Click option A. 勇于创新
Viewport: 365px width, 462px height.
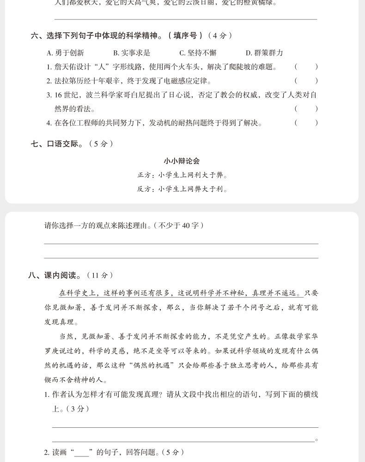click(x=65, y=53)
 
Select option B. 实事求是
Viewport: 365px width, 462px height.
click(x=132, y=53)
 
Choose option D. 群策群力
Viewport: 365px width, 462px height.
click(x=264, y=53)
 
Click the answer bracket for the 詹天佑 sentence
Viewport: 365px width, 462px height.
click(x=306, y=67)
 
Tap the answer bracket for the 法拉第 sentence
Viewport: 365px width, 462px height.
click(x=306, y=81)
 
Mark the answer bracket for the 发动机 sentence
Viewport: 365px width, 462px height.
click(x=306, y=123)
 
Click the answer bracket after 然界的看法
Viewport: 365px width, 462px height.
click(x=306, y=109)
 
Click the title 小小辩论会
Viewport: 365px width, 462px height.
click(x=182, y=161)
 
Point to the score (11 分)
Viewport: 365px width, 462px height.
click(x=100, y=275)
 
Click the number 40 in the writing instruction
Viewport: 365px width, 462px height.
click(x=186, y=225)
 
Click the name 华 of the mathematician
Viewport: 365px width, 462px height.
click(x=314, y=336)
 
